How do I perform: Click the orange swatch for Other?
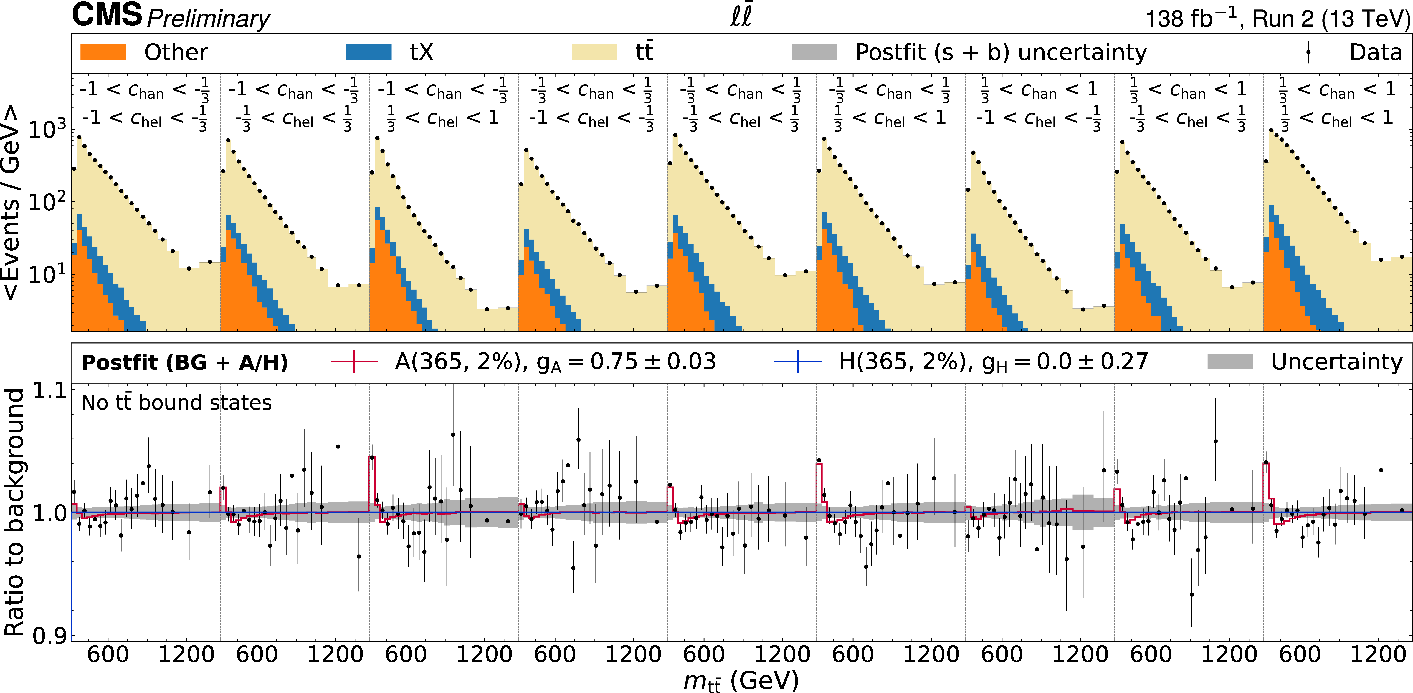pos(103,52)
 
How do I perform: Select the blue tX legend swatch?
pos(369,52)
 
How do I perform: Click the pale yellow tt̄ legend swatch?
pos(595,52)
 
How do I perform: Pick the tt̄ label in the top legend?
pos(644,52)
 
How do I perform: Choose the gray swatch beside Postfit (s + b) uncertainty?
pos(814,52)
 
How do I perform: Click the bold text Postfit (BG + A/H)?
pos(184,362)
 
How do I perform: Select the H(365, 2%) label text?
pos(902,362)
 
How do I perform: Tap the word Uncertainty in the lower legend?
pos(1337,362)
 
